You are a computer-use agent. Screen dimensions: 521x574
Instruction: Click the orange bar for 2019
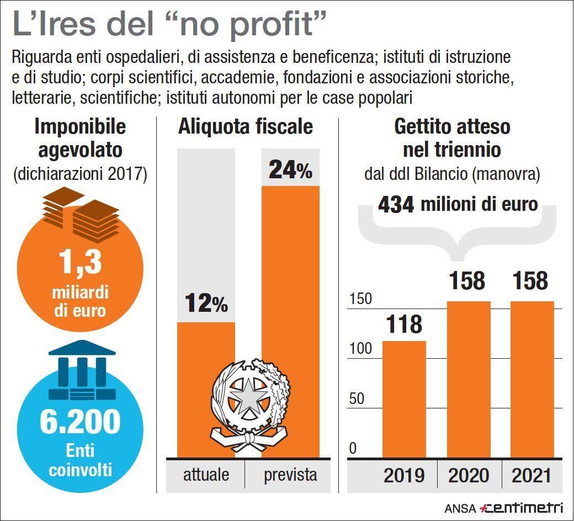click(x=404, y=398)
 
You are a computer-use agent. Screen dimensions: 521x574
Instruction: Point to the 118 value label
click(x=404, y=325)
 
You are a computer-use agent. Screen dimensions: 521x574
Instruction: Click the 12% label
click(x=206, y=303)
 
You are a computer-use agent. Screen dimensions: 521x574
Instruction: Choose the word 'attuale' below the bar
click(x=206, y=475)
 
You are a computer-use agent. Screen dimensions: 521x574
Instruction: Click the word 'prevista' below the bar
click(x=290, y=475)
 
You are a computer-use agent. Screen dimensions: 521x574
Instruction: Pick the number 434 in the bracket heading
click(x=396, y=205)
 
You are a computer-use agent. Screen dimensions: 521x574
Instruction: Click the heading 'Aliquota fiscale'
click(x=245, y=127)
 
